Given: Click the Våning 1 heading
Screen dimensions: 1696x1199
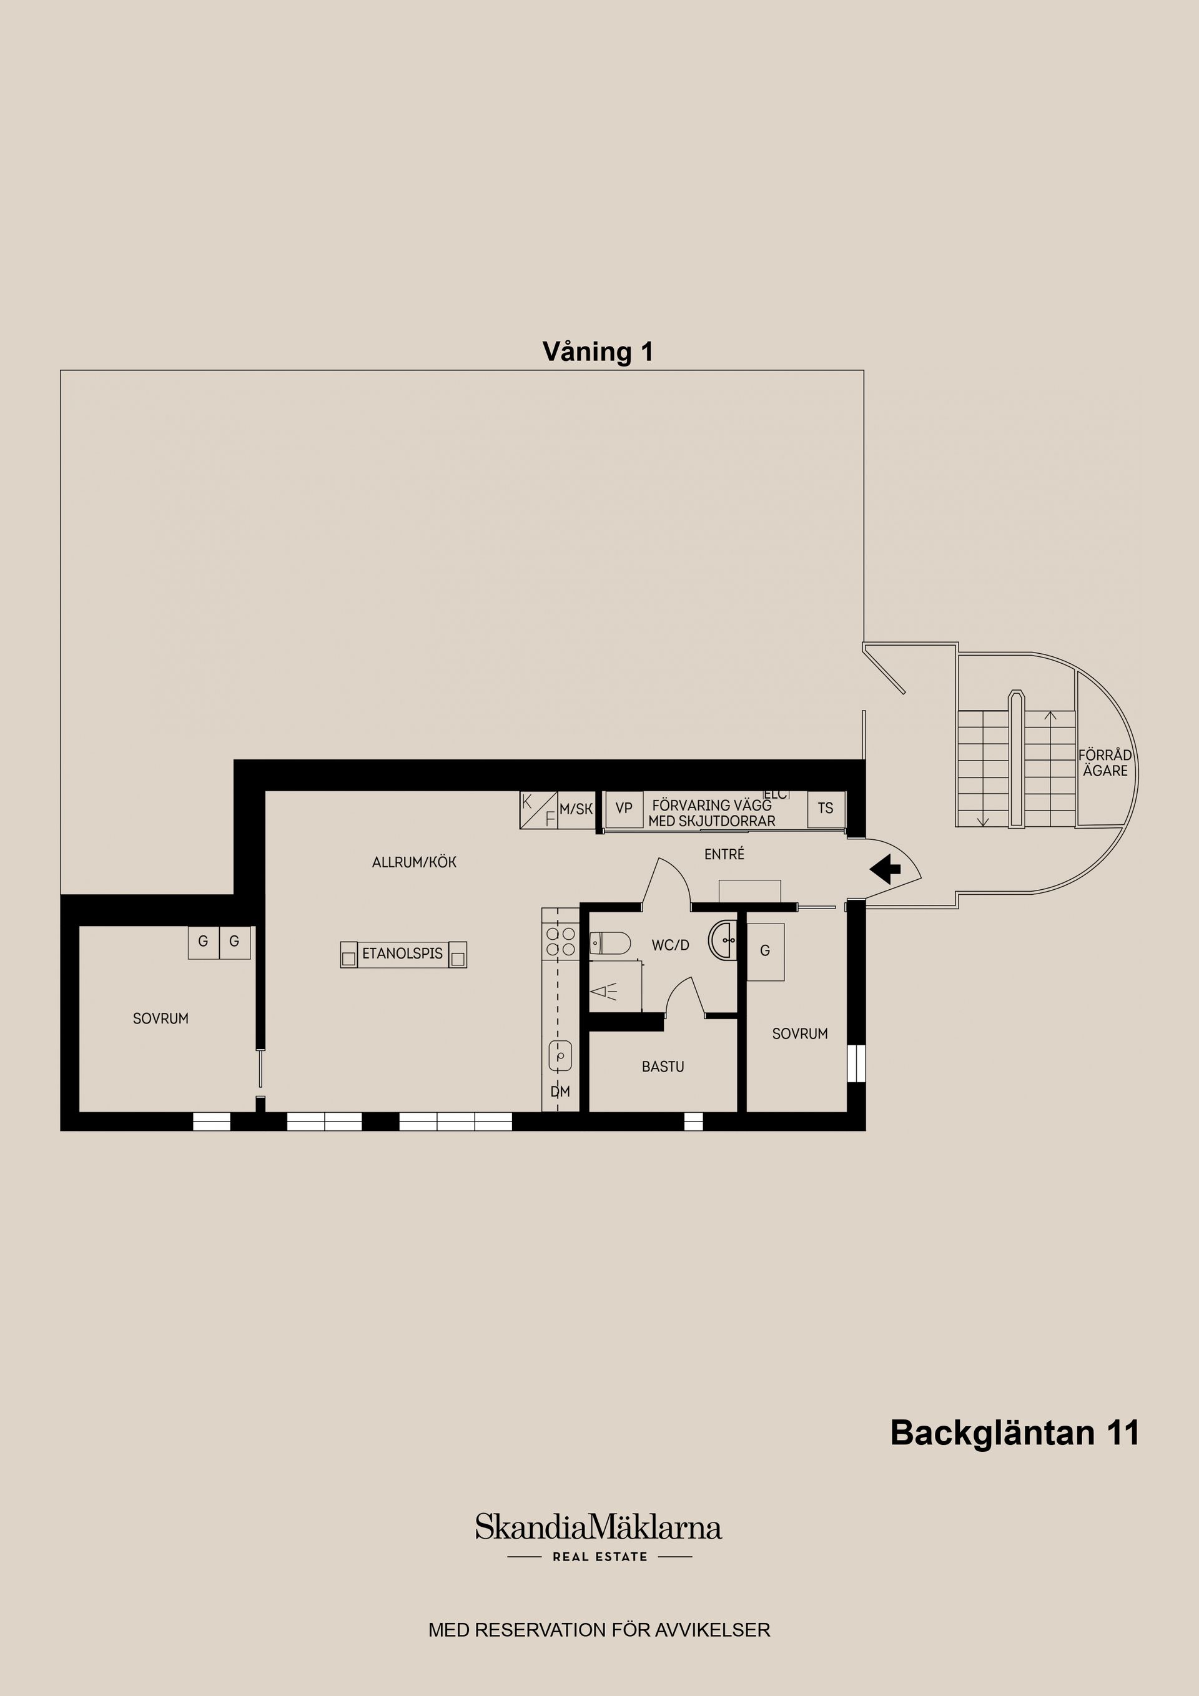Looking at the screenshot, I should pos(598,352).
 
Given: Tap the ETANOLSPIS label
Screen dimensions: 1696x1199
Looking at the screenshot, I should pos(403,954).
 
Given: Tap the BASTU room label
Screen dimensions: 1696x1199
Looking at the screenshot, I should pos(663,1067).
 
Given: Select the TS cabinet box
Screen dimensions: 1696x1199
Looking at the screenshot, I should pos(825,809).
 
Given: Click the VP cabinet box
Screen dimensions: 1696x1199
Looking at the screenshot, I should pos(623,809).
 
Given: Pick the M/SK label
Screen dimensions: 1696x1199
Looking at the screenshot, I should pos(576,809).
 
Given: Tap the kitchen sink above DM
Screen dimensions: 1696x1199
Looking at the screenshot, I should pos(561,1055).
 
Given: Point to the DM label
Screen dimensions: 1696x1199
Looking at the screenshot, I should pos(560,1092).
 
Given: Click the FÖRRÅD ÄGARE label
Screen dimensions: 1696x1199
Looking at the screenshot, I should pos(1105,763).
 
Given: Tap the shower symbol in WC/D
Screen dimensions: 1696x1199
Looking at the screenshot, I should pos(605,992).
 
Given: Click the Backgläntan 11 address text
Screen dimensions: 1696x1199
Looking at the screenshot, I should pos(1014,1432).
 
